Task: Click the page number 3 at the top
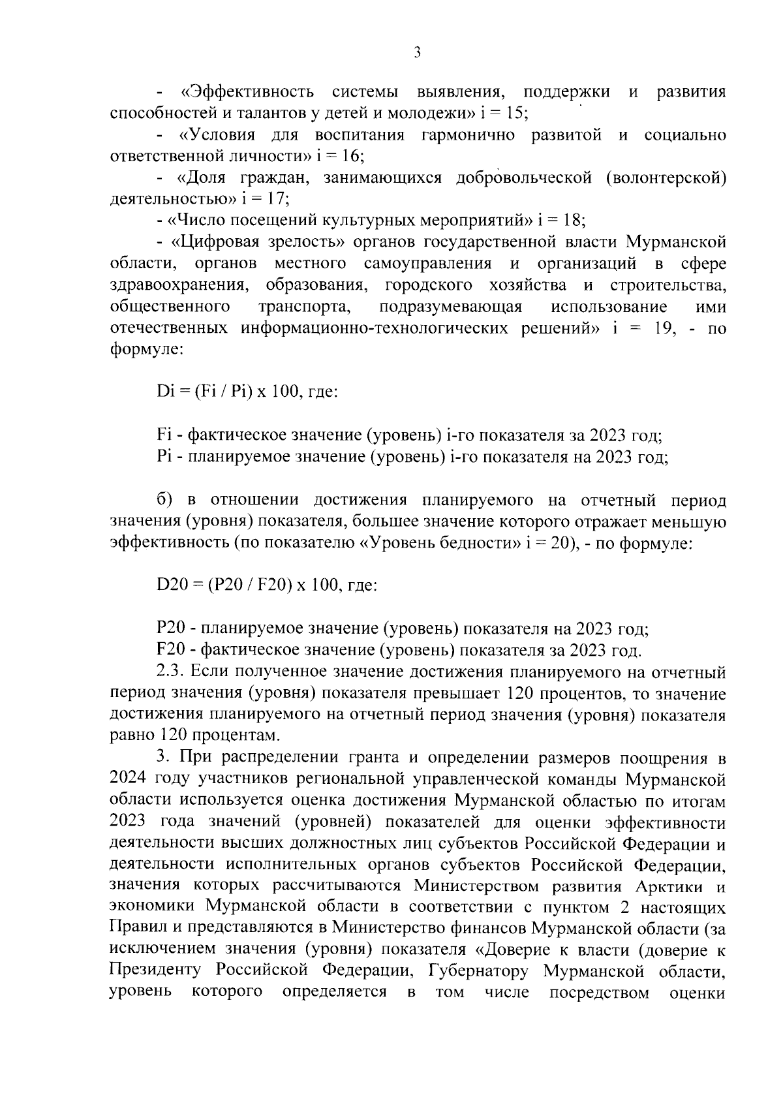coord(417,52)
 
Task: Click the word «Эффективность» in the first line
coord(248,92)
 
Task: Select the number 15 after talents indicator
coord(516,112)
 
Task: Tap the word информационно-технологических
coord(377,328)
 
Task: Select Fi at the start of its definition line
coord(163,435)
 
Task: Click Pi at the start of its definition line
coord(163,456)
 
